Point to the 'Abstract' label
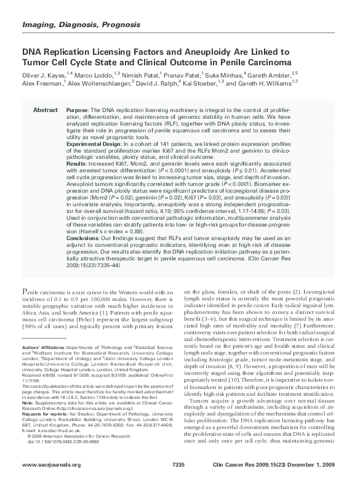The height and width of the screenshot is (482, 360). point(45,109)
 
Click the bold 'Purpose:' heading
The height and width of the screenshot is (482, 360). point(78,109)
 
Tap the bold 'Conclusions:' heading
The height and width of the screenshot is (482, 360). point(82,239)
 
